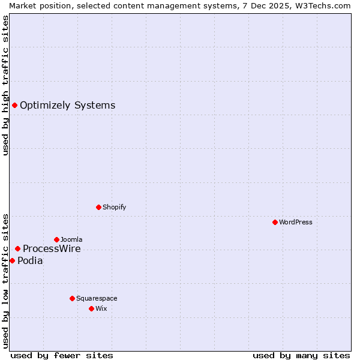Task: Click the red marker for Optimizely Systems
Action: pyautogui.click(x=14, y=106)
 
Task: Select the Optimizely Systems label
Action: pyautogui.click(x=67, y=106)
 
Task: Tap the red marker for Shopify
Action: pyautogui.click(x=98, y=207)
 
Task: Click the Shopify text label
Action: pyautogui.click(x=114, y=208)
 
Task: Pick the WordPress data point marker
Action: pyautogui.click(x=275, y=222)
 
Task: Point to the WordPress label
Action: pyautogui.click(x=296, y=223)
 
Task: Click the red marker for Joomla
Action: pyautogui.click(x=56, y=239)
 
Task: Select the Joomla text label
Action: pyautogui.click(x=71, y=240)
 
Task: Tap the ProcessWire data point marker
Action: pyautogui.click(x=17, y=248)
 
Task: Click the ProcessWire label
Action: pyautogui.click(x=52, y=249)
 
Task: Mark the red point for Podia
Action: pyautogui.click(x=12, y=260)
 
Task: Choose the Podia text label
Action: pyautogui.click(x=30, y=261)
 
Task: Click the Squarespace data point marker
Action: pyautogui.click(x=72, y=298)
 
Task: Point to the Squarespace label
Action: pyautogui.click(x=97, y=299)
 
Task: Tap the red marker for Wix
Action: pyautogui.click(x=91, y=308)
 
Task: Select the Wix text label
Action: pyautogui.click(x=101, y=309)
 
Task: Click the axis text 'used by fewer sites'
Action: pyautogui.click(x=62, y=355)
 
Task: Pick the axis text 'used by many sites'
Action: pyautogui.click(x=301, y=355)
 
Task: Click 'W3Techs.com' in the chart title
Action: pyautogui.click(x=324, y=5)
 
